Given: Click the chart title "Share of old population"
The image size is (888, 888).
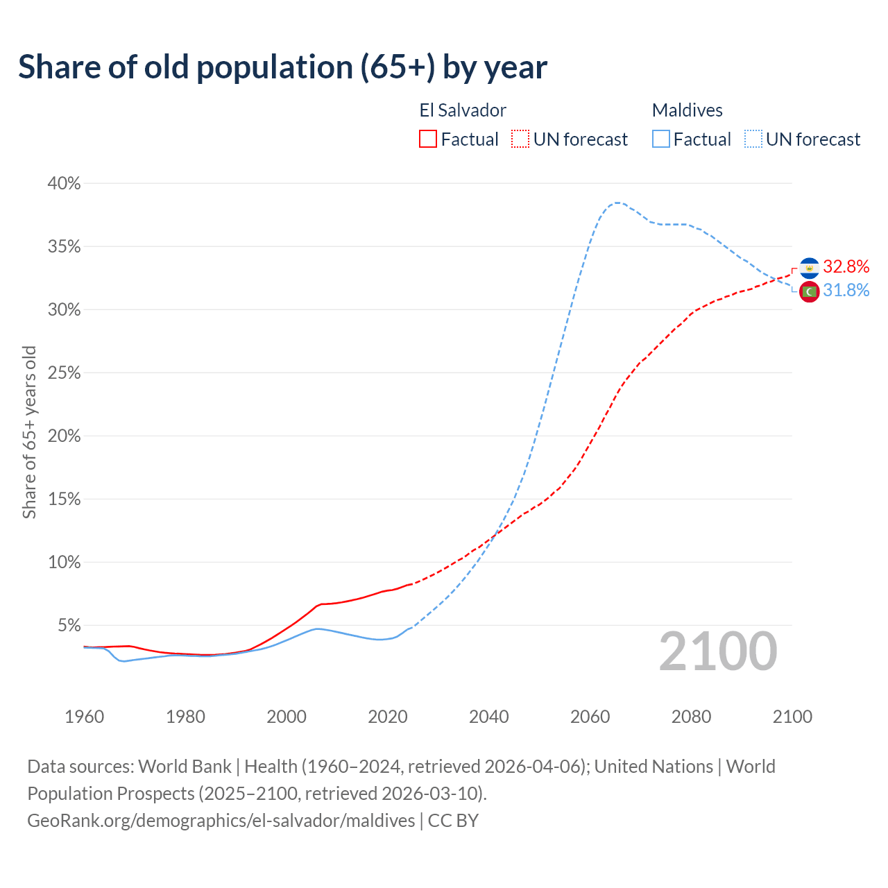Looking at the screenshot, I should pos(282,67).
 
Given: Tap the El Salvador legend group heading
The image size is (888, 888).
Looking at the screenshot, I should pos(463,110).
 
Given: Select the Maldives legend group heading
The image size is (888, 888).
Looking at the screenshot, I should pos(687,110).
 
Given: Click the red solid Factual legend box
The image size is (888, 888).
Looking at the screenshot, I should pos(428,139).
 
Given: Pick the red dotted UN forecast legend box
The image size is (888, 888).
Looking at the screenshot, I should pos(520,139).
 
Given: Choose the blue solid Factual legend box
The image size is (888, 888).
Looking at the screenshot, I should pos(661,139).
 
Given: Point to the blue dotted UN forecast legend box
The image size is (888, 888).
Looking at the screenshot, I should pos(753,139).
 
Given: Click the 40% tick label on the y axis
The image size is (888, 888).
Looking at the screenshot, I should pos(64,183).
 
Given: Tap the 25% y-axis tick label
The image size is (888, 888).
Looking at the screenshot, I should pos(64,373).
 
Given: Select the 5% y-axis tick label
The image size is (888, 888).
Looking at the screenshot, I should pos(69,625).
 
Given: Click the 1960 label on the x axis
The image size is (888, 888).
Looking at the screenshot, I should pos(84,717).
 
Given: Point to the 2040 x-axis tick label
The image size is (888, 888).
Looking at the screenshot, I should pos(488,717).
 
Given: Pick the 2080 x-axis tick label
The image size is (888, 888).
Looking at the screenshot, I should pos(691,717).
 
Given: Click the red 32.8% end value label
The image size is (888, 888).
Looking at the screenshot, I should pos(846,267).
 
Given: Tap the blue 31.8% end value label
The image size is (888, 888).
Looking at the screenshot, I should pos(846,291).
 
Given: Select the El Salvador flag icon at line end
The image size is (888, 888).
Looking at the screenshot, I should pos(809,268).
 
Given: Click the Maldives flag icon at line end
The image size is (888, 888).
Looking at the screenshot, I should pos(809,291).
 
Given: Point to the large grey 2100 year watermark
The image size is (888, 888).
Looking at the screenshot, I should pos(718,651).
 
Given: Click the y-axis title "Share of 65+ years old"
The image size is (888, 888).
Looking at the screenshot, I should pos(29,432).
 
